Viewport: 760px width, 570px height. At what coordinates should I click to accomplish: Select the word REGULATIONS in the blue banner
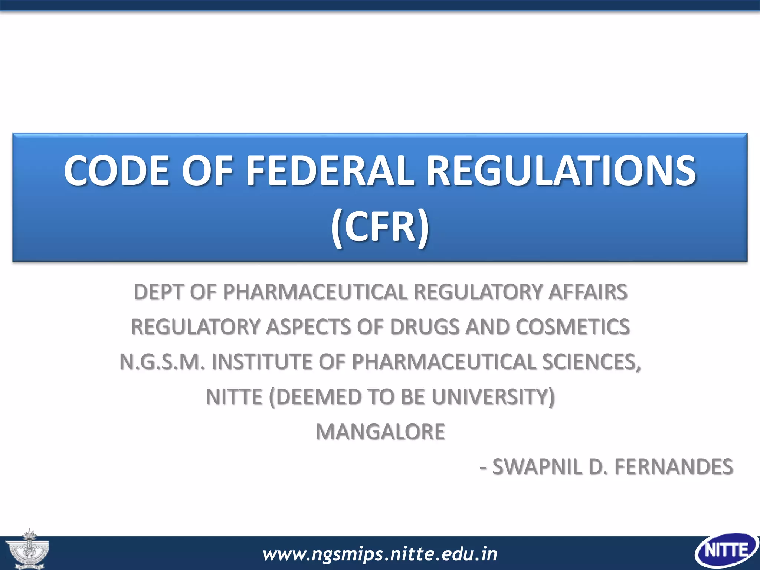click(x=561, y=171)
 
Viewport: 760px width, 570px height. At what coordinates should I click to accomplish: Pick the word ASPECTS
click(x=308, y=327)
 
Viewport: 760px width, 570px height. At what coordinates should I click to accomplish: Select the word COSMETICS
click(x=572, y=327)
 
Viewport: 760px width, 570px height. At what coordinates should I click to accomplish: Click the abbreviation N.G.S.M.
click(x=162, y=362)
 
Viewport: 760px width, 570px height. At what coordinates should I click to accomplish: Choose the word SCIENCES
click(x=591, y=362)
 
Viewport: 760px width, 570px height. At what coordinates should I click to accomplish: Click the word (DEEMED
click(x=312, y=397)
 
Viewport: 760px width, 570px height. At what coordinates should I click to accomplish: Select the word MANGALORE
click(x=380, y=432)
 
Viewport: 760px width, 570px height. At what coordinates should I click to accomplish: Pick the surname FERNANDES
click(x=674, y=466)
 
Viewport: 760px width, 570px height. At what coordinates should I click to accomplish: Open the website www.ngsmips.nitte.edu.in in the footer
click(x=380, y=554)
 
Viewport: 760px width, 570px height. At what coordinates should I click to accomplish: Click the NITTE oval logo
click(x=727, y=551)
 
